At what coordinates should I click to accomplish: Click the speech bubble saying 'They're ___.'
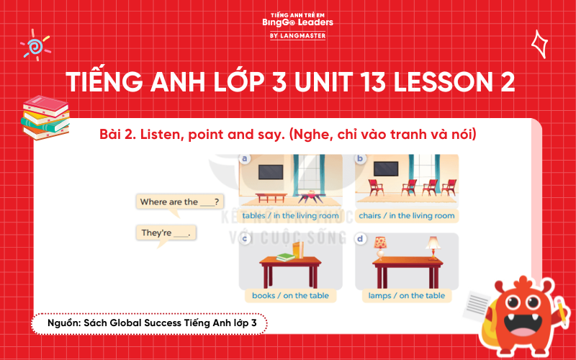(165, 233)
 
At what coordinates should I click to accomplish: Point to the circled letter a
(245, 158)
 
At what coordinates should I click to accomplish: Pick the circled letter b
(361, 158)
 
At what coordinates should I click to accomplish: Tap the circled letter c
(246, 238)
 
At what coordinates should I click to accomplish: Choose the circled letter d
(361, 238)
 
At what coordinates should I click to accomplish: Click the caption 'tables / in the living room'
(290, 215)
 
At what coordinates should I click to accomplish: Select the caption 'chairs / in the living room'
(407, 215)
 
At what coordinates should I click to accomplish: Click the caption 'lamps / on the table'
(407, 295)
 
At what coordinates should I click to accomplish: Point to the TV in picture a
(271, 172)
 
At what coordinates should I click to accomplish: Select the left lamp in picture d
(380, 247)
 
